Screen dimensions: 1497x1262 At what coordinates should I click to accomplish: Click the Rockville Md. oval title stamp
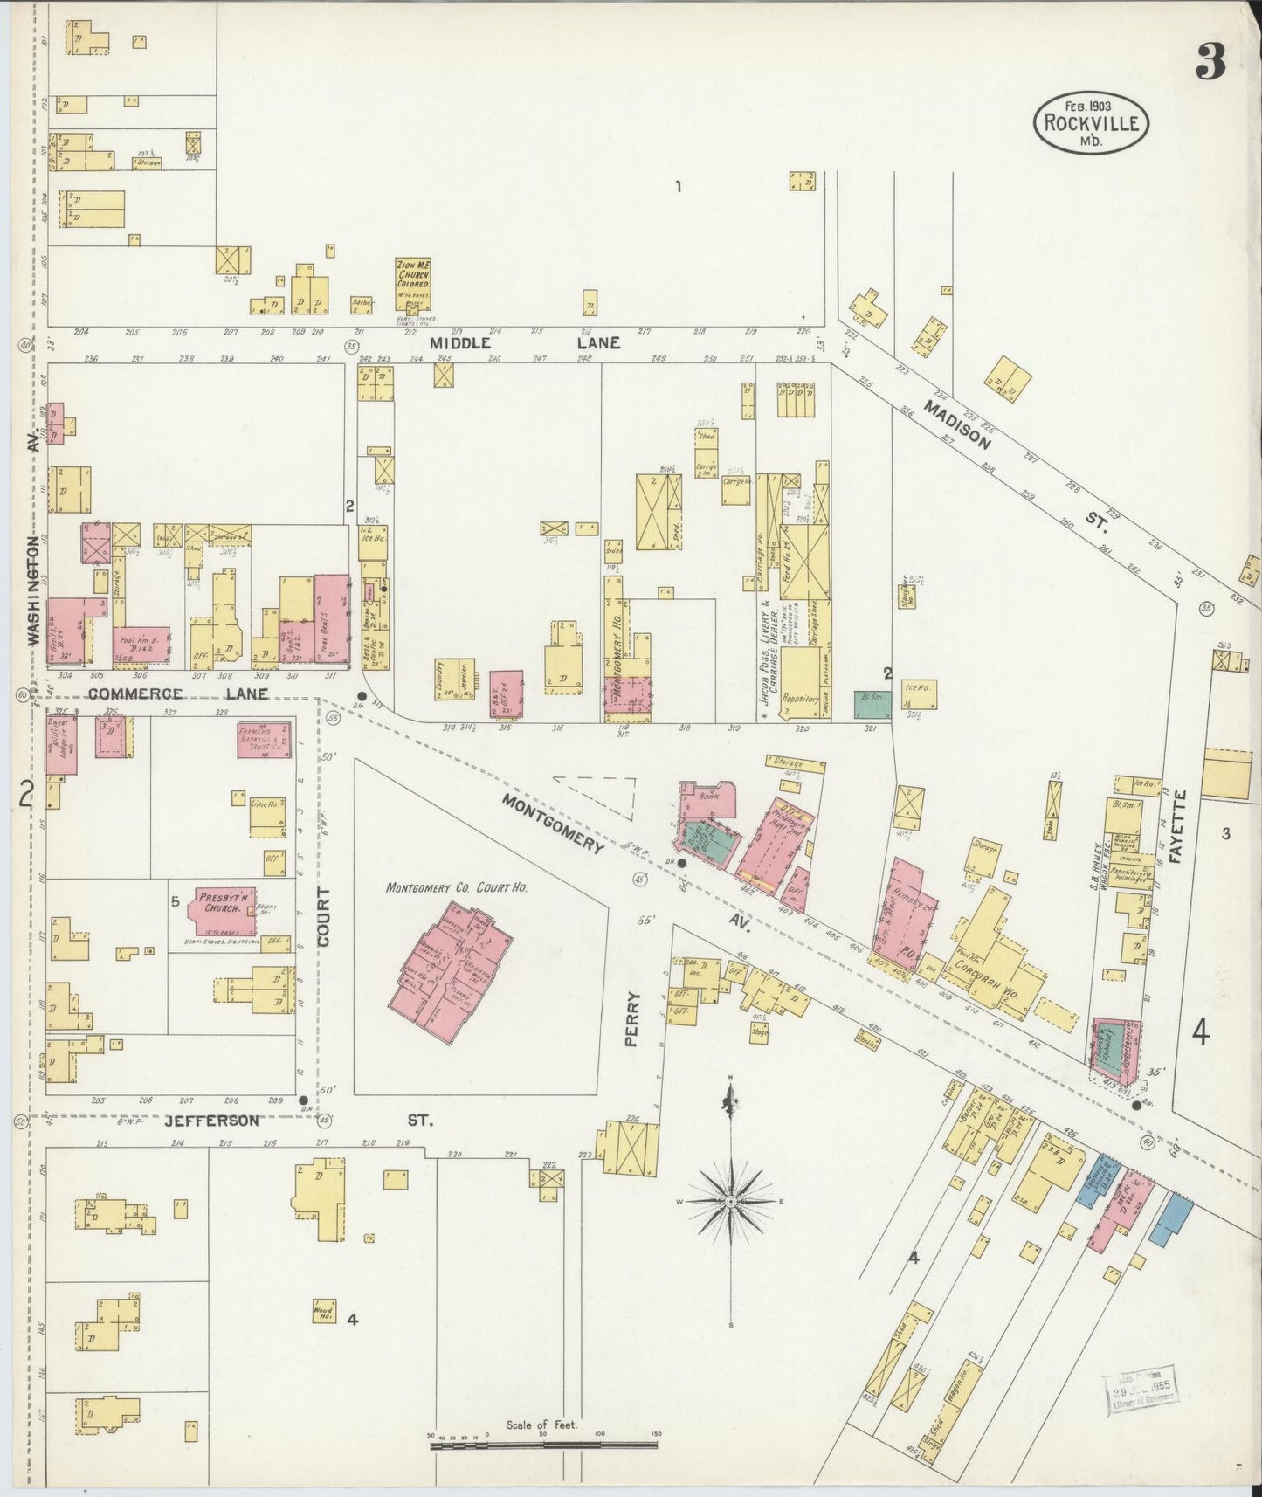(1091, 122)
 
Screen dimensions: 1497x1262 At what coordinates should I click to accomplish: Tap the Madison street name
(958, 425)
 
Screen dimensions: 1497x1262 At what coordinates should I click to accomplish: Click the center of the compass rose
(729, 1202)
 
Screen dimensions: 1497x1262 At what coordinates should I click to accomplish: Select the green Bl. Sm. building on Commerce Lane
(871, 704)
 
